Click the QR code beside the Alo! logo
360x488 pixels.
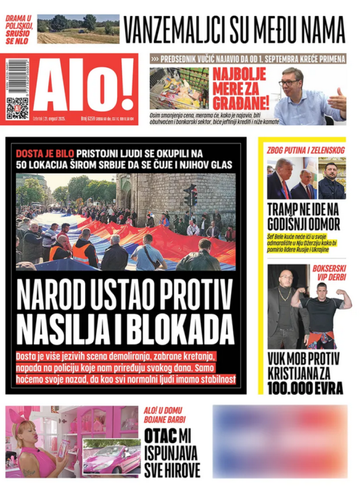pos(17,108)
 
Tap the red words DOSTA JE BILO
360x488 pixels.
pos(45,153)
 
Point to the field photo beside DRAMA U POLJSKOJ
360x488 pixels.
pos(78,29)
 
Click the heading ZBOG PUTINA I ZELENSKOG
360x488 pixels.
pos(305,150)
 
